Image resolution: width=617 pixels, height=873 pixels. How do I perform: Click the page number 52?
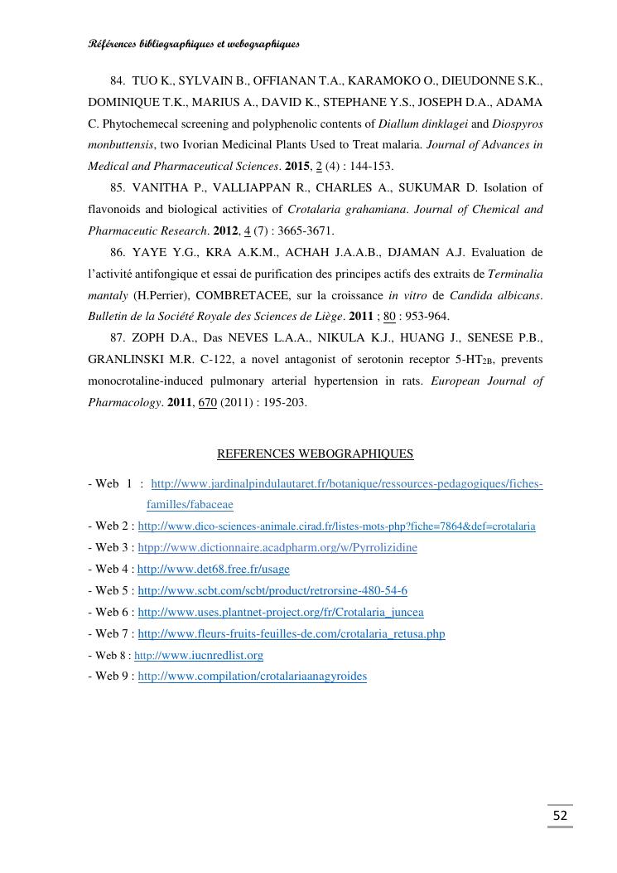tap(560, 816)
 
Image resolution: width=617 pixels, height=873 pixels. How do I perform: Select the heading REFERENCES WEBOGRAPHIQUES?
tap(315, 453)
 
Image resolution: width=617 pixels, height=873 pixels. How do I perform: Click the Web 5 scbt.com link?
tap(272, 590)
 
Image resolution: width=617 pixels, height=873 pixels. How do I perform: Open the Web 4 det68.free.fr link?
tap(213, 569)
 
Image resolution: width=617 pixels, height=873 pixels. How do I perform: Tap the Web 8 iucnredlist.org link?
tap(199, 655)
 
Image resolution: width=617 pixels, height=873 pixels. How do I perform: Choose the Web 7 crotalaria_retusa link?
tap(291, 633)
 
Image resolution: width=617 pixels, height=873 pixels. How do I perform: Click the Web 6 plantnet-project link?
tap(280, 612)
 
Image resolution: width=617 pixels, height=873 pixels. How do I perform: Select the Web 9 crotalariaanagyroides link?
tap(252, 676)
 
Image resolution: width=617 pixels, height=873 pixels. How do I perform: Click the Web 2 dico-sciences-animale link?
tap(336, 526)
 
